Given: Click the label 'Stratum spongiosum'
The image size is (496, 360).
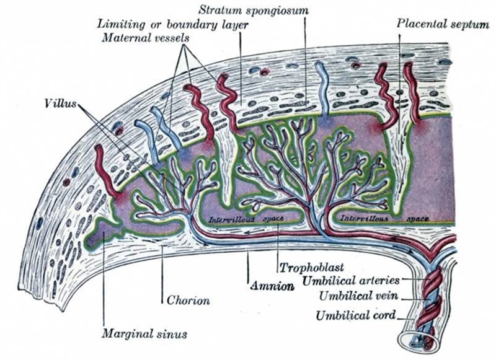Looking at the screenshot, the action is [254, 10].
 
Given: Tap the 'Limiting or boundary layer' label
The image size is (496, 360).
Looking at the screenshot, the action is [173, 24].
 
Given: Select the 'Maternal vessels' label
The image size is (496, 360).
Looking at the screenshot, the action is [145, 38].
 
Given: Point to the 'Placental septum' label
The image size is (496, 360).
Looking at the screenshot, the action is [443, 24].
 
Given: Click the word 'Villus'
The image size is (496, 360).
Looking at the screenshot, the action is [61, 103].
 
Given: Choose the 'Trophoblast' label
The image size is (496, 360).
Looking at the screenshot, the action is [312, 268].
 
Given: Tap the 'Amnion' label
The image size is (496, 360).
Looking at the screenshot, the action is [272, 286].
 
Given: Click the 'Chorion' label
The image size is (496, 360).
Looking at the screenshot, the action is [188, 300].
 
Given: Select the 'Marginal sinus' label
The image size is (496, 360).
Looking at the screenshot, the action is [144, 333].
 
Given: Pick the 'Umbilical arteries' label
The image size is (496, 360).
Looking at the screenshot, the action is [351, 280].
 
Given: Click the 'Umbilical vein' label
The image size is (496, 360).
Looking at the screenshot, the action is [358, 296].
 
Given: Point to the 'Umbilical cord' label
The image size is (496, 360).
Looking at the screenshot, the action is [356, 315].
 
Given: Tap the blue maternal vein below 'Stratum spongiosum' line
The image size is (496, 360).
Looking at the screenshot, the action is [323, 89].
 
